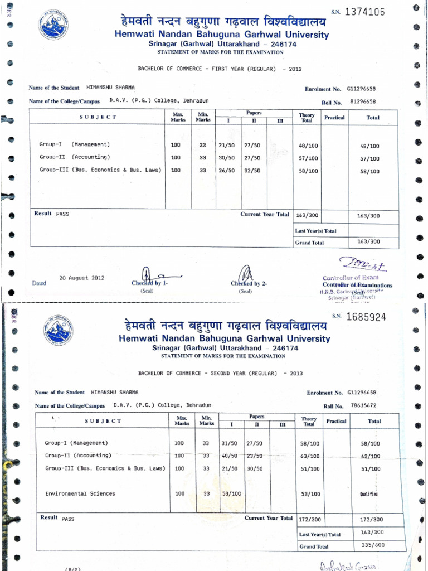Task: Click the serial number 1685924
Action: (366, 317)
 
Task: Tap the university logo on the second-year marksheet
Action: (57, 329)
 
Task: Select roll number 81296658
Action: (362, 102)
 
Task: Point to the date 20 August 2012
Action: (81, 278)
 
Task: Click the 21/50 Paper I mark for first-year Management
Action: (226, 145)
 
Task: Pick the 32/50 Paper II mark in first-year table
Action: (252, 171)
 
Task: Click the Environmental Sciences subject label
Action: (80, 493)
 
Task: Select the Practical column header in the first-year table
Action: (334, 118)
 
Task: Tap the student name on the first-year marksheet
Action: (111, 88)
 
